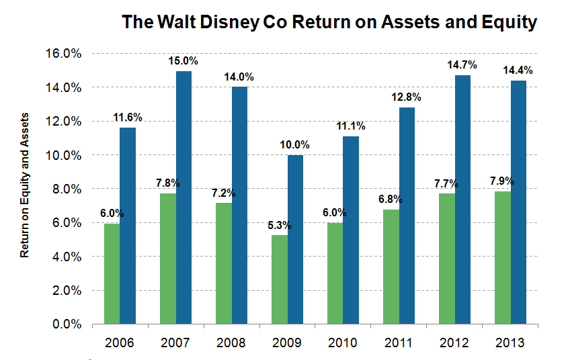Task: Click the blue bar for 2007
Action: click(184, 198)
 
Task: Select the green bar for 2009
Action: click(279, 279)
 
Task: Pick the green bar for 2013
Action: click(502, 258)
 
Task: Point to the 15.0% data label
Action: click(184, 62)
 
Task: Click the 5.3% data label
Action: click(279, 226)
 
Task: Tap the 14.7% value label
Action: click(462, 65)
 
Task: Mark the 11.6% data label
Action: click(128, 118)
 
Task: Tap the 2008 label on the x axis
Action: click(231, 343)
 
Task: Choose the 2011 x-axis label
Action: click(399, 343)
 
